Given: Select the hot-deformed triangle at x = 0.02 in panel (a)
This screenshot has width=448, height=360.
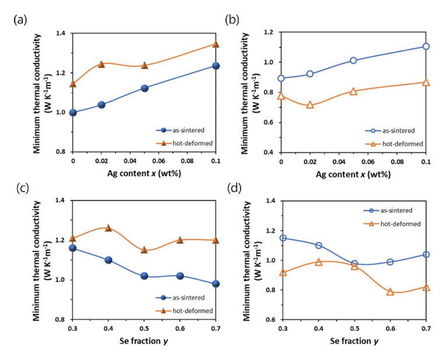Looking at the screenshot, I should pyautogui.click(x=101, y=64).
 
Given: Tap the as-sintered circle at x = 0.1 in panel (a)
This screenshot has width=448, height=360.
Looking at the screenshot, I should pyautogui.click(x=216, y=66).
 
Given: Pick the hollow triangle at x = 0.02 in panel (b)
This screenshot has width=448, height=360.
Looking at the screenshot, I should pyautogui.click(x=310, y=105).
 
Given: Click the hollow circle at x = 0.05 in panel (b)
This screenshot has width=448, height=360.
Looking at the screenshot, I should pyautogui.click(x=353, y=60).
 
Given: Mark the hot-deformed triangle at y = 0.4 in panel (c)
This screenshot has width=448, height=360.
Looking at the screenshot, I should pyautogui.click(x=108, y=228).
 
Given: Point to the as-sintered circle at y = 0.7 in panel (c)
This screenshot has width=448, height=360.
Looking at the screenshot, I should pyautogui.click(x=216, y=284).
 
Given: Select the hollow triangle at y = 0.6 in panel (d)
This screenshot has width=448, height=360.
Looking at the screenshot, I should pyautogui.click(x=390, y=292).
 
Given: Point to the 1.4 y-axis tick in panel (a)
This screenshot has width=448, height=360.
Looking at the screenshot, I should pyautogui.click(x=62, y=34).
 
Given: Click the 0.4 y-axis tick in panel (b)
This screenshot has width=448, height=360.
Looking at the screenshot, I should pyautogui.click(x=271, y=152).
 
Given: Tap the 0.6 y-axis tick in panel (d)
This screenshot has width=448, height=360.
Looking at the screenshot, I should pyautogui.click(x=271, y=320).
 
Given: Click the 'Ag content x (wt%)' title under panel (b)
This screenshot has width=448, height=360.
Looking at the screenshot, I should pyautogui.click(x=353, y=174).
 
